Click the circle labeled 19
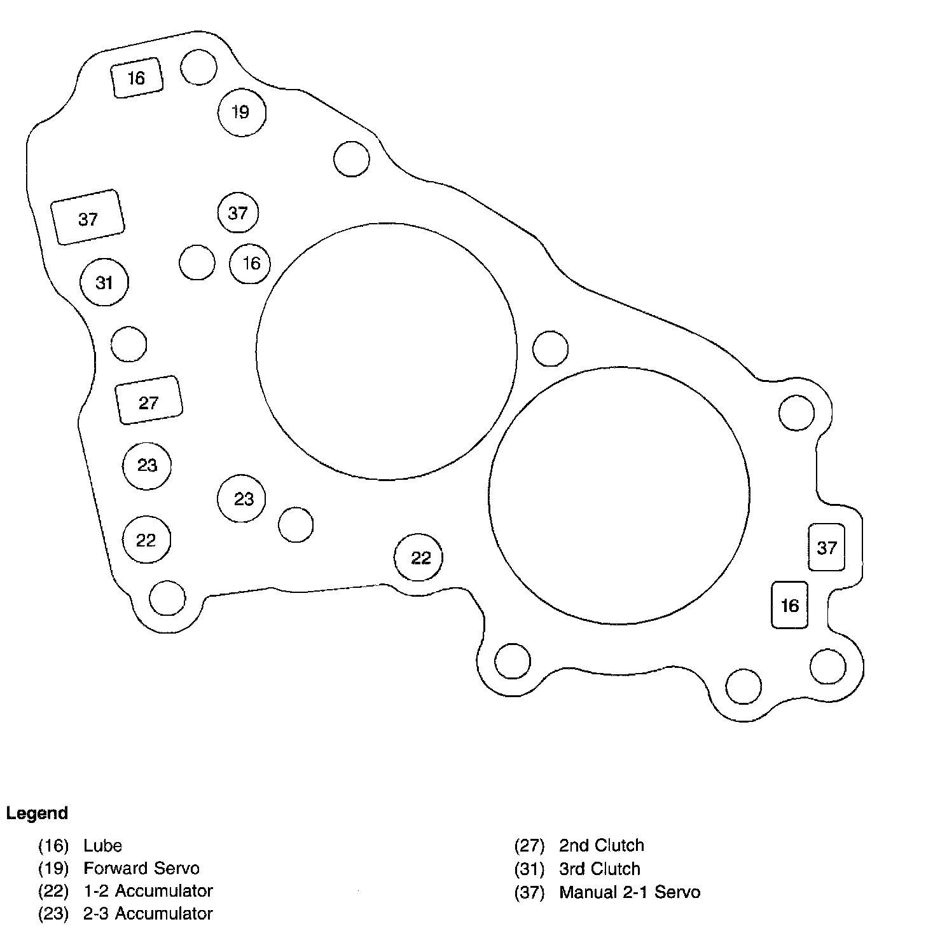(242, 112)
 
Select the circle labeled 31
(104, 282)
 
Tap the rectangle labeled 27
(149, 400)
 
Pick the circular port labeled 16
(250, 263)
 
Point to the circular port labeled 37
(237, 212)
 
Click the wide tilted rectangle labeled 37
(88, 217)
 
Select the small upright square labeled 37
(826, 547)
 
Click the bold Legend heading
(37, 813)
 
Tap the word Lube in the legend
(102, 846)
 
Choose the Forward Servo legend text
(141, 869)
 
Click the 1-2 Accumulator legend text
(148, 891)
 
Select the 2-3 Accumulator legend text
(148, 914)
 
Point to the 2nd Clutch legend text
(601, 846)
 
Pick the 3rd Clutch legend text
(599, 869)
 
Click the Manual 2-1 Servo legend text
(629, 892)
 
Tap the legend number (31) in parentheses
(530, 869)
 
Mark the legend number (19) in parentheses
(53, 869)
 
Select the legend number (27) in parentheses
(530, 846)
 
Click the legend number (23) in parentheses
(53, 914)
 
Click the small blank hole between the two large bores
(550, 348)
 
